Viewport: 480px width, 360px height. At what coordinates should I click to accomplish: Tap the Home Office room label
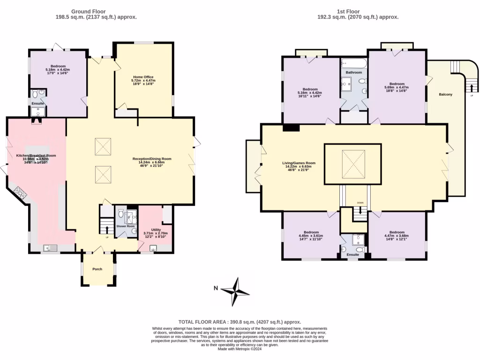[x=143, y=77]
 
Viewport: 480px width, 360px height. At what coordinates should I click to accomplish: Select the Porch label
[x=97, y=269]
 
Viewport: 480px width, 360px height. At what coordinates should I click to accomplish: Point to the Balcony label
[x=445, y=95]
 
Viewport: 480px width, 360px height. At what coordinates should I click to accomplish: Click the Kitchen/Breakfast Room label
[x=36, y=155]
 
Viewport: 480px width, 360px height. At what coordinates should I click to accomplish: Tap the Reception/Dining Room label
[x=151, y=159]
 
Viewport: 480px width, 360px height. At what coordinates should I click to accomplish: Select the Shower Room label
[x=125, y=226]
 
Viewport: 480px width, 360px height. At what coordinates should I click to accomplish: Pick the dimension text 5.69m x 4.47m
[x=397, y=87]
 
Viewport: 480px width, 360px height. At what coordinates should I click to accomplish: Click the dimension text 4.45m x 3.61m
[x=311, y=236]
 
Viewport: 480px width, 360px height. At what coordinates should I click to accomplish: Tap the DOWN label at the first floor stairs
[x=360, y=202]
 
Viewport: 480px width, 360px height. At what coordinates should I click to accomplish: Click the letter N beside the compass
[x=215, y=288]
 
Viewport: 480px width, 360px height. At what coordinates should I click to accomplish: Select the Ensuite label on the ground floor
[x=37, y=103]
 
